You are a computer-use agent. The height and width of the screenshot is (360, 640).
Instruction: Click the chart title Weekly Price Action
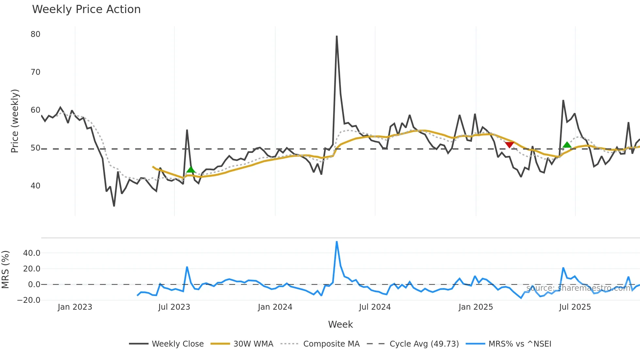tap(86, 9)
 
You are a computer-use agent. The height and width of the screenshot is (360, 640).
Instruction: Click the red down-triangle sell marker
tap(509, 145)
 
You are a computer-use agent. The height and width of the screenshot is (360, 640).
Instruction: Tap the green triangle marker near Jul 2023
tap(191, 170)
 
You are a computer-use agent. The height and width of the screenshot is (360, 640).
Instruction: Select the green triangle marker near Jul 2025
tap(567, 145)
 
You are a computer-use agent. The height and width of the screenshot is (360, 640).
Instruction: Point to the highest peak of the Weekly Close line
tap(337, 36)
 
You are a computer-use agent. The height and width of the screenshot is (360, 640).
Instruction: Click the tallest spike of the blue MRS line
tap(337, 242)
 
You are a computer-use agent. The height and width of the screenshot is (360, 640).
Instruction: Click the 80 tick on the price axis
tap(36, 34)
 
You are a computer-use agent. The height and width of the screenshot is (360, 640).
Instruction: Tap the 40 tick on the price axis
tap(36, 186)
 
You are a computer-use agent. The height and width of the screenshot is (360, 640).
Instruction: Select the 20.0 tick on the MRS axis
tap(32, 269)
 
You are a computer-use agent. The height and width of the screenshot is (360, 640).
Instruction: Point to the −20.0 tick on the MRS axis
tap(29, 300)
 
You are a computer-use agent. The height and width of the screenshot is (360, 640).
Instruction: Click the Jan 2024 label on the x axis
tap(275, 307)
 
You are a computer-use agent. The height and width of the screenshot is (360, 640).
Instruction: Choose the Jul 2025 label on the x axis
tap(575, 307)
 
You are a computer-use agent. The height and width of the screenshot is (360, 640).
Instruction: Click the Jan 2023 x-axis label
tap(75, 307)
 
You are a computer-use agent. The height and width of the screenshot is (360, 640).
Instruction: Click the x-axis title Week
tap(340, 324)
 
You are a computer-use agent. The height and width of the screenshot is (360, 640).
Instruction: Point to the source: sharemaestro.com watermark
tap(578, 288)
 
